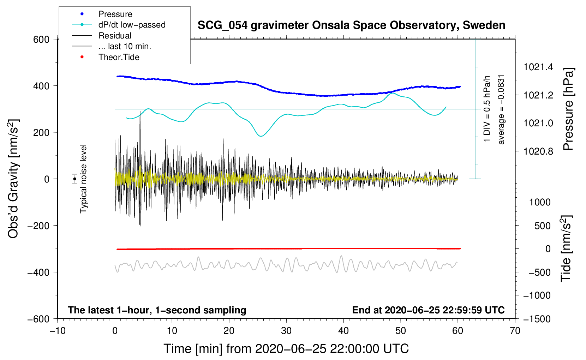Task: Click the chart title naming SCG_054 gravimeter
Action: coord(351,25)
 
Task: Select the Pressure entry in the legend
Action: coord(115,14)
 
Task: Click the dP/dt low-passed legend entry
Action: coord(132,25)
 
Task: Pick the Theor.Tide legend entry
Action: coord(119,57)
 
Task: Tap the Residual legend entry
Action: coord(115,36)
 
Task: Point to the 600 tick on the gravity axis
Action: coord(41,39)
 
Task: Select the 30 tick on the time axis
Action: coord(286,331)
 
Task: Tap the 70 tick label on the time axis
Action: coord(515,331)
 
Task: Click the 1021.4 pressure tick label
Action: coord(538,67)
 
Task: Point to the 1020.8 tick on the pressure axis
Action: coord(538,151)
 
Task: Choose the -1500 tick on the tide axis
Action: coord(537,319)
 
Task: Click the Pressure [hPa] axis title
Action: coord(568,109)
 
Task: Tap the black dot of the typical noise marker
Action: coord(75,179)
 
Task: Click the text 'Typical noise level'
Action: coord(83,179)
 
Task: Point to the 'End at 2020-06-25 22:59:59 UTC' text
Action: coord(428,310)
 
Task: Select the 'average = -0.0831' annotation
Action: coord(501,109)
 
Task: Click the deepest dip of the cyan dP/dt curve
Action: coord(261,136)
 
